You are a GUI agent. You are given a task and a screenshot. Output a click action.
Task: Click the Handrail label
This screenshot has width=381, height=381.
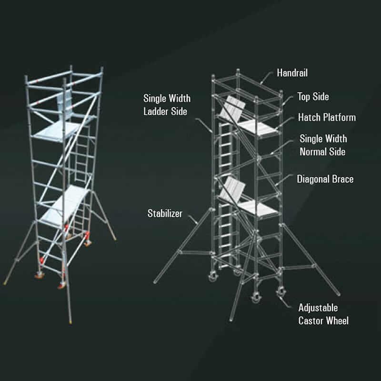[292, 73]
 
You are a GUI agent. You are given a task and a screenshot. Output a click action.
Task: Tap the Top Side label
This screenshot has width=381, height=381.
[313, 97]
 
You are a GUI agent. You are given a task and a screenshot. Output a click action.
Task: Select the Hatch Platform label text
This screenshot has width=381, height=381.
[327, 117]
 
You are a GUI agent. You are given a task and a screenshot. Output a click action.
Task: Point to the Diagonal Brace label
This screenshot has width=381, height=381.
[325, 179]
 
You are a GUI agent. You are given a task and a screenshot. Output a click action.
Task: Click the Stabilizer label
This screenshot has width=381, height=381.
[165, 213]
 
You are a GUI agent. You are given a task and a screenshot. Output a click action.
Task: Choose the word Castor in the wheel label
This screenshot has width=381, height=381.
[312, 321]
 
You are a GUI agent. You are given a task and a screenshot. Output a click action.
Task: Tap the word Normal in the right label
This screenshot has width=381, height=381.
[313, 151]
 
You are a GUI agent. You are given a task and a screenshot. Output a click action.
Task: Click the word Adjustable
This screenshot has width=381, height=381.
[318, 308]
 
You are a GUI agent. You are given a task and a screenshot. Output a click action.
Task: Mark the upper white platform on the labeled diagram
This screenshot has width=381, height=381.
[258, 127]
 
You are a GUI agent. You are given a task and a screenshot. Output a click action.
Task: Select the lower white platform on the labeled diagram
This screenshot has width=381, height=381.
[258, 208]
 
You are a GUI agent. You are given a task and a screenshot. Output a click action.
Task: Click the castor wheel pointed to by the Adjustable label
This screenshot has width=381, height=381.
[281, 292]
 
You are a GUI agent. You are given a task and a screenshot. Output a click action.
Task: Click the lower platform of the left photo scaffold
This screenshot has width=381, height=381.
[64, 206]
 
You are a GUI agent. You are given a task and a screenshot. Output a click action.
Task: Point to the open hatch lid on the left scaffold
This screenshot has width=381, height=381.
[64, 106]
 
